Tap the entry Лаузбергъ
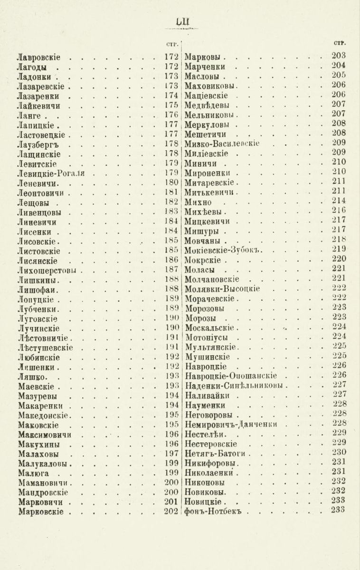pos(37,144)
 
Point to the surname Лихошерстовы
pos(47,270)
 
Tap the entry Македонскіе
pos(44,415)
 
